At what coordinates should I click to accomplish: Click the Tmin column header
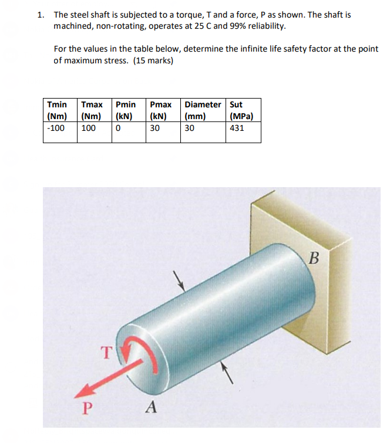click(x=57, y=110)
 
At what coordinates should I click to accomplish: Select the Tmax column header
click(x=92, y=110)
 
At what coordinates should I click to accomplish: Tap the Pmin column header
click(x=126, y=110)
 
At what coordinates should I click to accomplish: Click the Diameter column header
click(x=203, y=110)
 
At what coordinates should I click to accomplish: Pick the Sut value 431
click(x=236, y=127)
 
